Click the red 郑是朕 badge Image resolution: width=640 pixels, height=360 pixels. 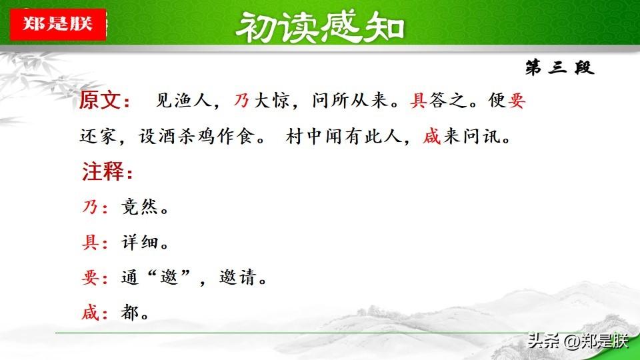point(58,24)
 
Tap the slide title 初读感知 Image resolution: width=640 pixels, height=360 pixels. point(319,27)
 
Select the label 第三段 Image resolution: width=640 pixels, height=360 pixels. point(559,67)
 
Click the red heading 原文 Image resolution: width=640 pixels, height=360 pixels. point(104,100)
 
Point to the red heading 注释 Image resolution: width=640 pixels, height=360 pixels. point(107,171)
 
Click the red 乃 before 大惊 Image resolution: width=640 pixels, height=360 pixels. point(241,100)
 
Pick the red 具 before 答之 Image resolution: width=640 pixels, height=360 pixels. point(419,100)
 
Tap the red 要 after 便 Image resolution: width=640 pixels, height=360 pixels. point(516,100)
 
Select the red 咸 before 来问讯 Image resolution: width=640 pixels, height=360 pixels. point(432,136)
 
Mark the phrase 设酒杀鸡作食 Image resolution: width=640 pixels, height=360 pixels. point(197,136)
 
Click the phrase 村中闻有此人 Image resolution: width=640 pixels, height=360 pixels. point(344,136)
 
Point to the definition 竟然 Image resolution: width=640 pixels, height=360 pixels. point(139,207)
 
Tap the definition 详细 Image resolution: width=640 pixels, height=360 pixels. point(139,243)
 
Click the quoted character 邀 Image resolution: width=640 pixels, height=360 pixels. point(169,277)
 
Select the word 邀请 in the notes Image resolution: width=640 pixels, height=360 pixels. point(237,277)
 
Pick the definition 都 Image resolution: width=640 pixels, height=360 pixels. point(130,313)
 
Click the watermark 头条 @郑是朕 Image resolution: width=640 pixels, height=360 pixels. point(577,341)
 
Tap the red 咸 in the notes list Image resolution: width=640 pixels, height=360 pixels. point(90,313)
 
